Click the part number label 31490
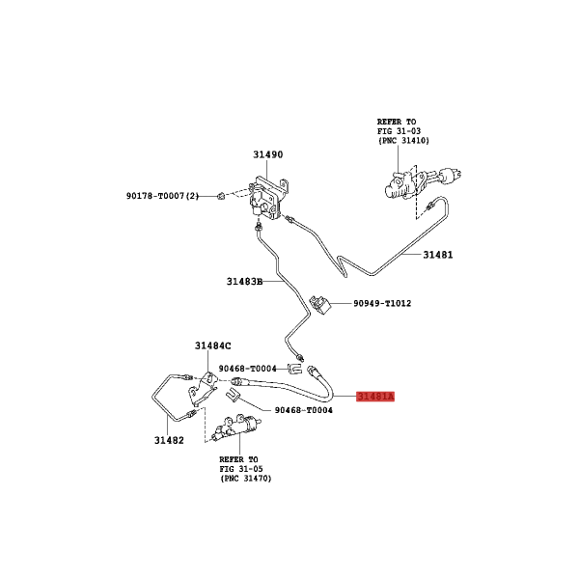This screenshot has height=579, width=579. tap(267, 154)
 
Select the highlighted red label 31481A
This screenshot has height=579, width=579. tap(375, 397)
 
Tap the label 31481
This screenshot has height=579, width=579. tap(437, 255)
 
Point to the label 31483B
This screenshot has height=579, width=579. tap(244, 282)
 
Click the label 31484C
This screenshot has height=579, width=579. tap(212, 346)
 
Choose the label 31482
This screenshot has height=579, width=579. tap(169, 441)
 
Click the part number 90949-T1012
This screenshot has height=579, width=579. tap(382, 304)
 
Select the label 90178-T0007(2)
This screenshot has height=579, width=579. tap(162, 196)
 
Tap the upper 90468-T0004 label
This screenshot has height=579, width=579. tap(247, 369)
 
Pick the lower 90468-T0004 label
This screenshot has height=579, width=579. tap(304, 410)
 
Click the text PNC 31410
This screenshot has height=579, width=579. tap(405, 141)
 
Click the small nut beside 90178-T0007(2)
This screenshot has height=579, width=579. tap(221, 196)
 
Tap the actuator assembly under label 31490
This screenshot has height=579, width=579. tap(267, 200)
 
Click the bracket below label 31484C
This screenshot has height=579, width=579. tap(202, 390)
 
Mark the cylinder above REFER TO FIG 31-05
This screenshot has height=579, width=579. tap(236, 427)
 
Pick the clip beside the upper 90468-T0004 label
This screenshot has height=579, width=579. tap(295, 369)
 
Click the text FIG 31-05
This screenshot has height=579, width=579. tap(241, 469)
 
